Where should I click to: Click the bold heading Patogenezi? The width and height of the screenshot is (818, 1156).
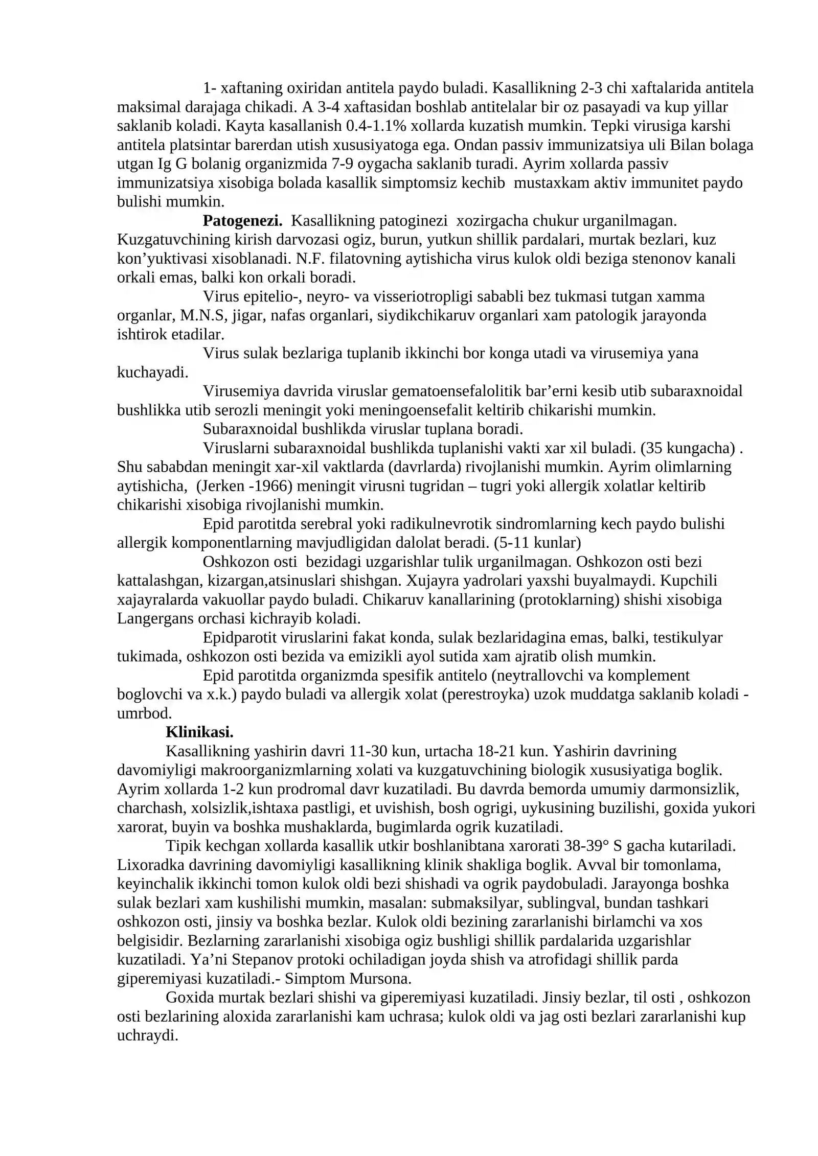click(x=242, y=221)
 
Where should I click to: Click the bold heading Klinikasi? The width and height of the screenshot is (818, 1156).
click(x=199, y=732)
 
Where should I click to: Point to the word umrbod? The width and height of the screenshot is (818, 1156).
click(x=144, y=713)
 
